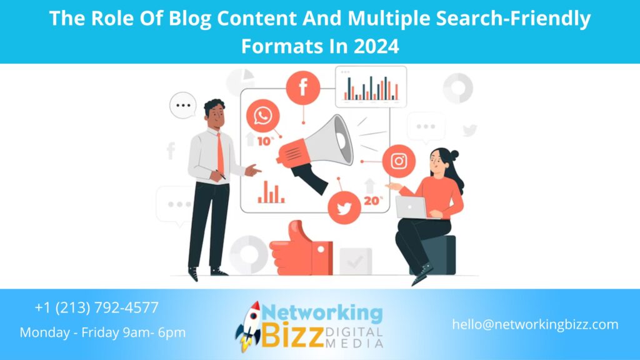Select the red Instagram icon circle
[x=399, y=161]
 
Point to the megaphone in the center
[x=316, y=150]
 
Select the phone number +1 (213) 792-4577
[x=97, y=307]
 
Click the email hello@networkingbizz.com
[x=535, y=324]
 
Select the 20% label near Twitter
[x=373, y=201]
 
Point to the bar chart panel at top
[x=371, y=87]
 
